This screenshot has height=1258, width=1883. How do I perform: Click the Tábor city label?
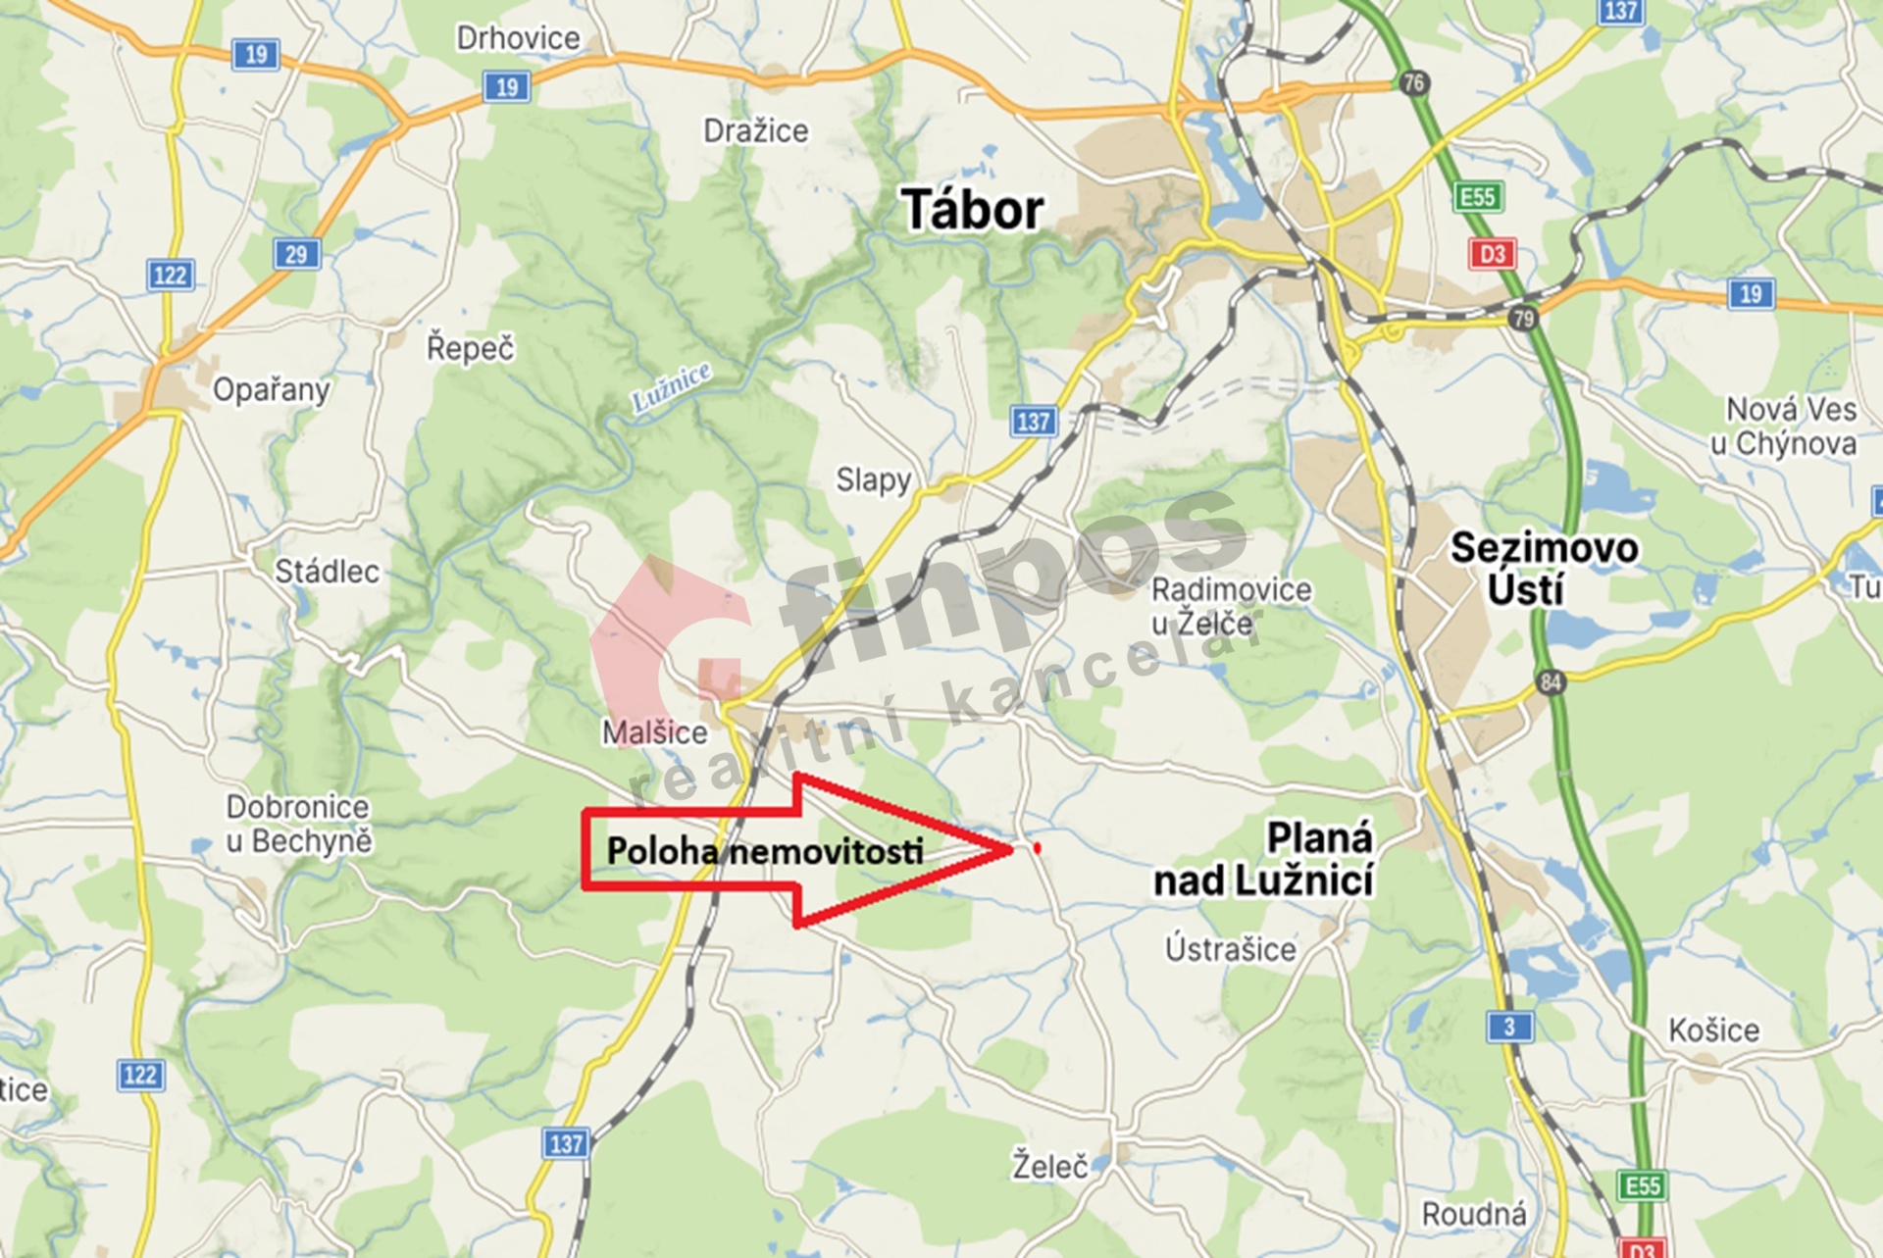tap(972, 210)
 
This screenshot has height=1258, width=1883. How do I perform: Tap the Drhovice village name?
tap(518, 38)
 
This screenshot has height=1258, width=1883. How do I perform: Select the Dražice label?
tap(755, 130)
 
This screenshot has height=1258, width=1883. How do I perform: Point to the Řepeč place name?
tap(470, 347)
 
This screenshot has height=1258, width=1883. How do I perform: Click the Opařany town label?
tap(271, 390)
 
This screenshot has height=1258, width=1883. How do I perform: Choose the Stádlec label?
tap(327, 571)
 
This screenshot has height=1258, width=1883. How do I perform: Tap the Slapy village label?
tap(873, 479)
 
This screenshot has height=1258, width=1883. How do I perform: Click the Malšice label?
tap(654, 732)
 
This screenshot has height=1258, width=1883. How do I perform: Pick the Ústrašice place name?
tap(1230, 948)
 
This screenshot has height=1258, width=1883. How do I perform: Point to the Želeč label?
tap(1049, 1166)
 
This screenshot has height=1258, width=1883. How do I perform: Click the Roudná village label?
tap(1473, 1214)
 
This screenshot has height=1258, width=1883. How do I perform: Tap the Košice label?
tap(1713, 1030)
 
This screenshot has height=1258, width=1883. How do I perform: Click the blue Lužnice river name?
tap(671, 386)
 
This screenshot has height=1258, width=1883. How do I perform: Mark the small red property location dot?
tap(1037, 847)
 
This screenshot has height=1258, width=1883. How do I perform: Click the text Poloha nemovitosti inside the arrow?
tap(764, 851)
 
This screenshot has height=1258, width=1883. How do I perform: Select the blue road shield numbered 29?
tap(296, 255)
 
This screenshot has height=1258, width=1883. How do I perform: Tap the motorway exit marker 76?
tap(1413, 82)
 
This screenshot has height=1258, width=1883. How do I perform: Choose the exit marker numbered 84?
tap(1550, 680)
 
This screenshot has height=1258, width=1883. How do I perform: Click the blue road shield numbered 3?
tap(1509, 1027)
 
